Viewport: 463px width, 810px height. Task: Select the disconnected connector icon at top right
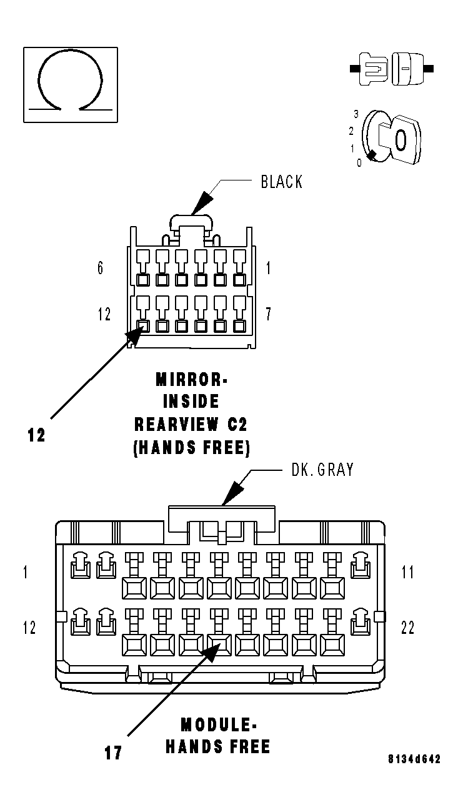tap(392, 69)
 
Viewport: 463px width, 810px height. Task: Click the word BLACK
tap(281, 182)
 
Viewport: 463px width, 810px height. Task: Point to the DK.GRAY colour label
tap(322, 470)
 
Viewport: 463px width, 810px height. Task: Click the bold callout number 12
tap(36, 435)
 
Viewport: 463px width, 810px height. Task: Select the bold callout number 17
tap(113, 753)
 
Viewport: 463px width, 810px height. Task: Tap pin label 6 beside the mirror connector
tap(100, 268)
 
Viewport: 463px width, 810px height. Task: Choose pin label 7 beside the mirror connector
tap(268, 314)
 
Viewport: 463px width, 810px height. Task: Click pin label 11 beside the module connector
tap(407, 572)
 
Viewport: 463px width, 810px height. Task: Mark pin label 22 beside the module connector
tap(407, 628)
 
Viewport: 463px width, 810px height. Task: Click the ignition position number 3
tap(356, 114)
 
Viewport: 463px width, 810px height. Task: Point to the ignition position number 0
tap(359, 163)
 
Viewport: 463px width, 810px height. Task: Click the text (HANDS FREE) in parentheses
tap(192, 448)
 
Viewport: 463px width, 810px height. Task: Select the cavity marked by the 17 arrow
tap(219, 645)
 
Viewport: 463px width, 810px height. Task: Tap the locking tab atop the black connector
tap(191, 222)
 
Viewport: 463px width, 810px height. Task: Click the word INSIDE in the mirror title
tap(191, 402)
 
